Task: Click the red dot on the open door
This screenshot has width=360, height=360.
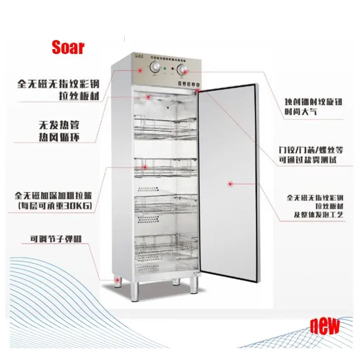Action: point(230,184)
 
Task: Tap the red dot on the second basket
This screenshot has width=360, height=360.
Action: point(145,166)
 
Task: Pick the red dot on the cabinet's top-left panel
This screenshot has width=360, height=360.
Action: point(139,70)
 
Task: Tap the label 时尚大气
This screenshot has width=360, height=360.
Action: point(301,111)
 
